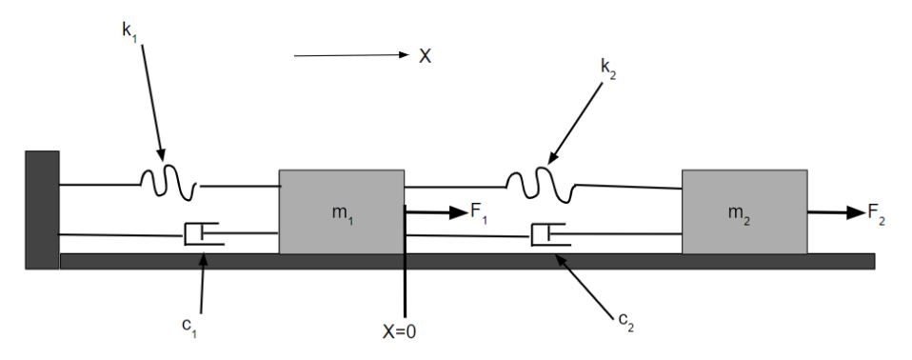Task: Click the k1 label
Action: point(129,30)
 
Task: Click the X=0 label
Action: point(400,331)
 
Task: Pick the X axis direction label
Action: point(426,56)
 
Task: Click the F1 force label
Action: point(479,213)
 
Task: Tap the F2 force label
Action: point(877,213)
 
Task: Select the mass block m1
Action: point(342,211)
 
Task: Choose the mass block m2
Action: point(744,211)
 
